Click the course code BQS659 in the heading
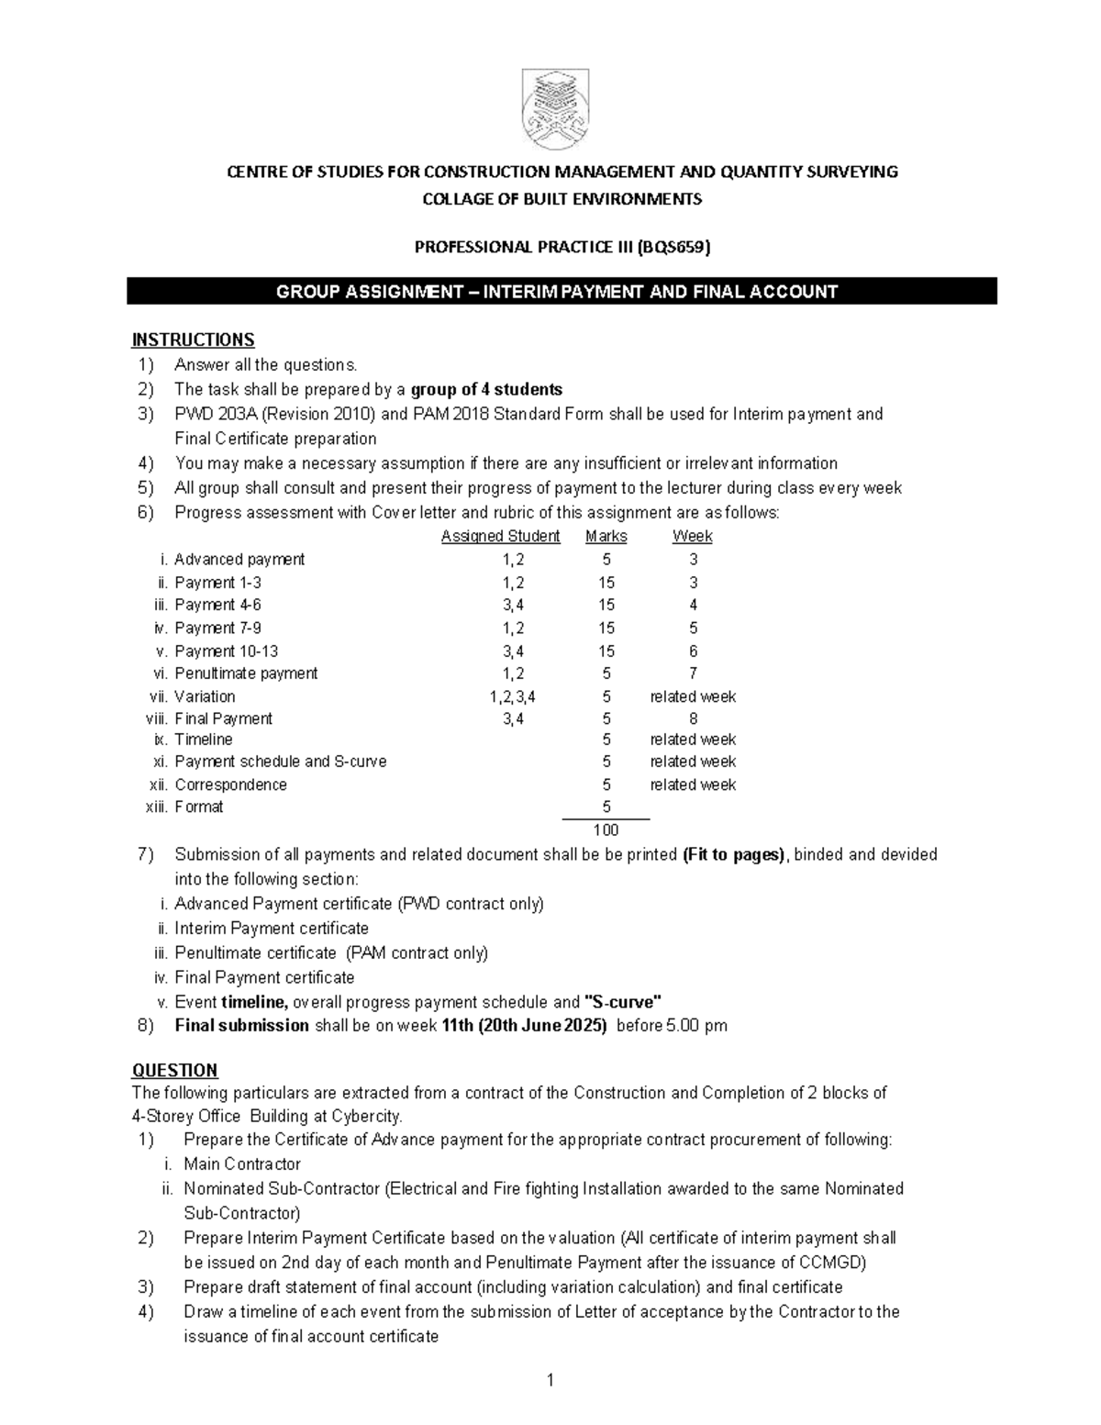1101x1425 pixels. (x=679, y=247)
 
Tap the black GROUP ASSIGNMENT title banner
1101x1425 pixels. (x=561, y=292)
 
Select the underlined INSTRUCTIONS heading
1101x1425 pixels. (x=193, y=340)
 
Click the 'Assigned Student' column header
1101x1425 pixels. (x=500, y=536)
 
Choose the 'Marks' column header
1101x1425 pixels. (x=606, y=536)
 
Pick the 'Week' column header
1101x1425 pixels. (x=692, y=536)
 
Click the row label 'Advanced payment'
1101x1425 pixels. (x=239, y=559)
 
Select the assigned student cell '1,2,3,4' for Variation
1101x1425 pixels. (x=513, y=696)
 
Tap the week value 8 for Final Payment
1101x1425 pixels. (x=693, y=718)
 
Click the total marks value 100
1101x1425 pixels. (x=606, y=829)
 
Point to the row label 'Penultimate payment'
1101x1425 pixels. (x=246, y=673)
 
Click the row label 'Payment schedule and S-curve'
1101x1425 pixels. (x=281, y=762)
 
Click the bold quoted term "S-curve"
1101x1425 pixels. (x=622, y=1002)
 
